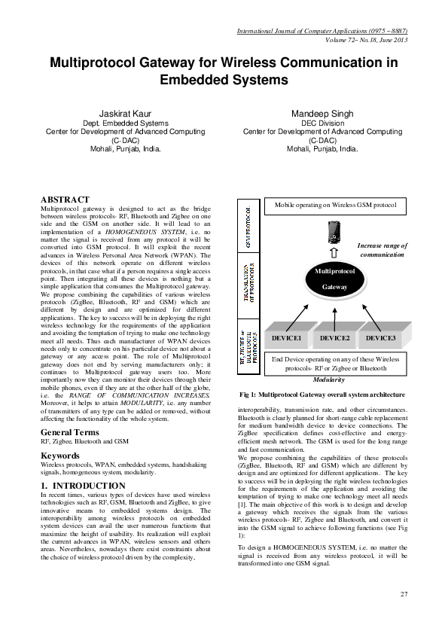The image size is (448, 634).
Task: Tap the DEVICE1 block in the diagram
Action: tap(287, 339)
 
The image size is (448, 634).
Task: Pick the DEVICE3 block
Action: tap(380, 339)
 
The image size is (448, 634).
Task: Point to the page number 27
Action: tap(404, 595)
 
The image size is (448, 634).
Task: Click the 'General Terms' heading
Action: tap(71, 432)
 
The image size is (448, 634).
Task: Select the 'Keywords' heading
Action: tap(61, 456)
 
